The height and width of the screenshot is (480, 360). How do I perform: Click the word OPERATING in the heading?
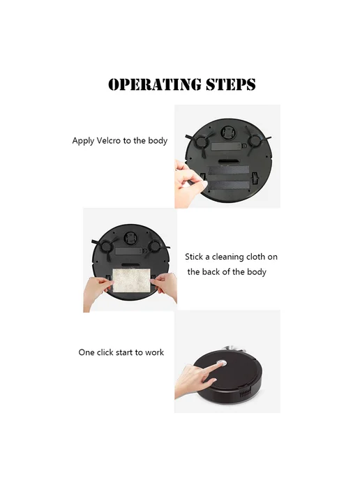(155, 84)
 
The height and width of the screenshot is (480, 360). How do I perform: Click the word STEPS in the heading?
(231, 84)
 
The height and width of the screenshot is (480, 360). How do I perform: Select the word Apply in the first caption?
(83, 141)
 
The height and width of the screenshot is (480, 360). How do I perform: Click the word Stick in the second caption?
(194, 257)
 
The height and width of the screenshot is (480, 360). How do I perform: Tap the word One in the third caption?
(87, 352)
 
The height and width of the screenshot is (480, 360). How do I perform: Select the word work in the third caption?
(154, 352)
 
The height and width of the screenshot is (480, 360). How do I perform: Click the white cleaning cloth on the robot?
(132, 280)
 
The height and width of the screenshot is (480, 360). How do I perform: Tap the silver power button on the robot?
(221, 363)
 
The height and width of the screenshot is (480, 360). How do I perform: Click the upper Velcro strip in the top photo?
(229, 171)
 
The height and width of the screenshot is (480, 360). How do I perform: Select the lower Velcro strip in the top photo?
(229, 185)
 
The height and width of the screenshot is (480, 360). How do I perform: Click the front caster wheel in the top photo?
(227, 133)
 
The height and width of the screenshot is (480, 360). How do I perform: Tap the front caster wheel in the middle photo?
(130, 238)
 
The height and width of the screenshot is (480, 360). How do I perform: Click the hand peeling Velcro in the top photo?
(188, 182)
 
